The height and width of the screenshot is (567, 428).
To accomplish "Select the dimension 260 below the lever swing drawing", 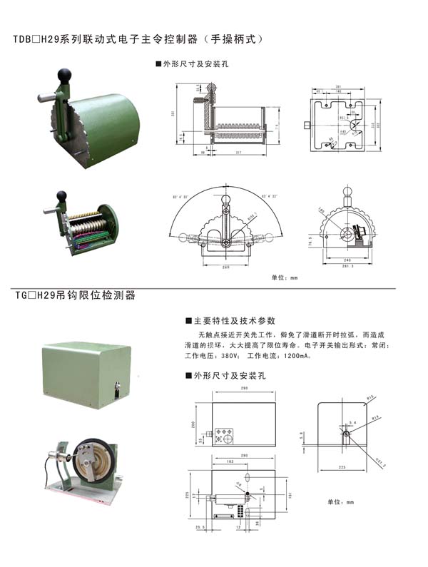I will [x=225, y=267].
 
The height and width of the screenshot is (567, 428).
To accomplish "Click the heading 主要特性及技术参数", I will [x=233, y=321].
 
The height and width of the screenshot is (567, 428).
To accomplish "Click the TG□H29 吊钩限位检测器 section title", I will [x=75, y=295].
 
